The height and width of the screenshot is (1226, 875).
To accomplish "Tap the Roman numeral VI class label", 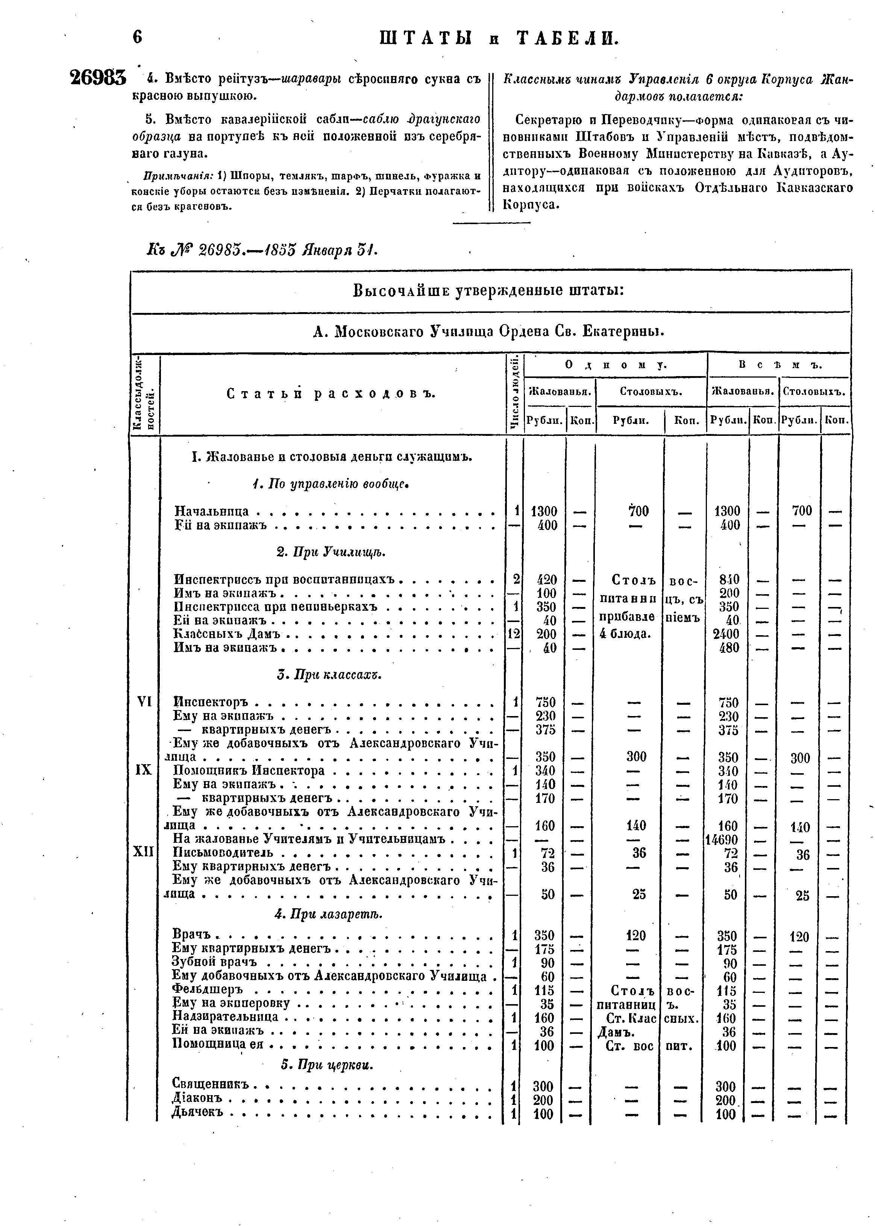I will coord(144,702).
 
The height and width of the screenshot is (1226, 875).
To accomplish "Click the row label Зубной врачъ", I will coord(214,962).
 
